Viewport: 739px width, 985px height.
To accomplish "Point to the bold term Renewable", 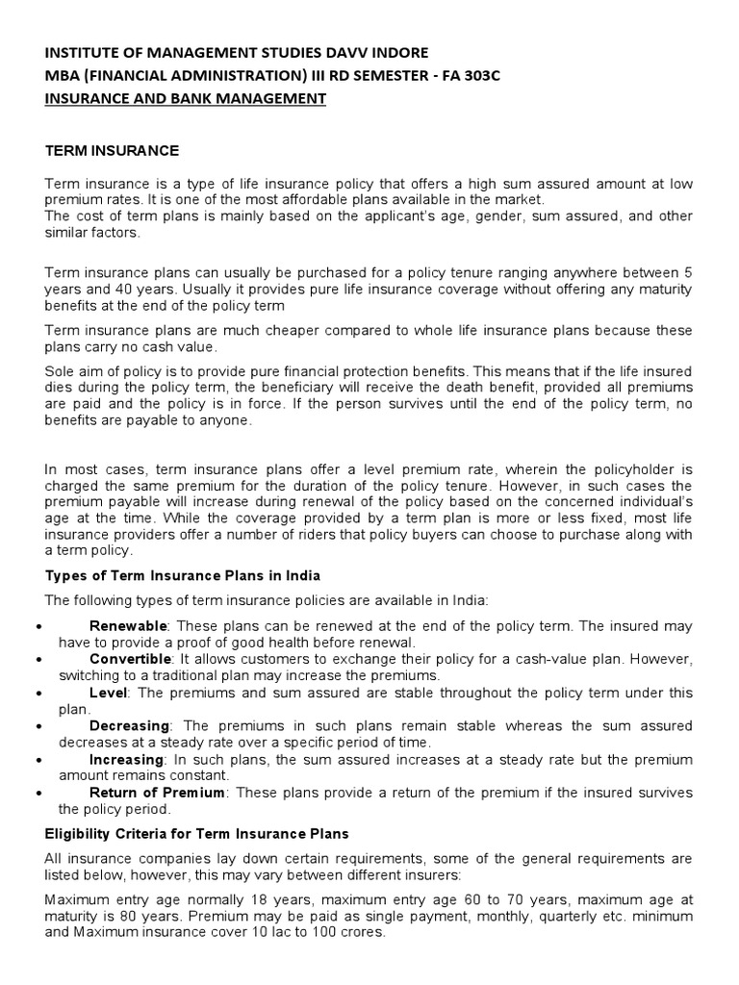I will tap(128, 626).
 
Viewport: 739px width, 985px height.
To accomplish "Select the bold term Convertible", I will tap(131, 659).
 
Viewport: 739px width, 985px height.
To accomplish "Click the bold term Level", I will tap(107, 692).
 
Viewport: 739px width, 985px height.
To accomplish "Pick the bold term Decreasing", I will tap(129, 725).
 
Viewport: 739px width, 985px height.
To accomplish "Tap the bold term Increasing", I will tap(126, 759).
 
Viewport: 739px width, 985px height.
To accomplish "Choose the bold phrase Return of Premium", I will tap(157, 792).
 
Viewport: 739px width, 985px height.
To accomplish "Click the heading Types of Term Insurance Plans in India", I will tap(184, 575).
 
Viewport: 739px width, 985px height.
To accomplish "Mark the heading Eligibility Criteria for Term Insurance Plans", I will tap(198, 833).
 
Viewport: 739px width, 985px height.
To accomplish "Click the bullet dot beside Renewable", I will tap(36, 627).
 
